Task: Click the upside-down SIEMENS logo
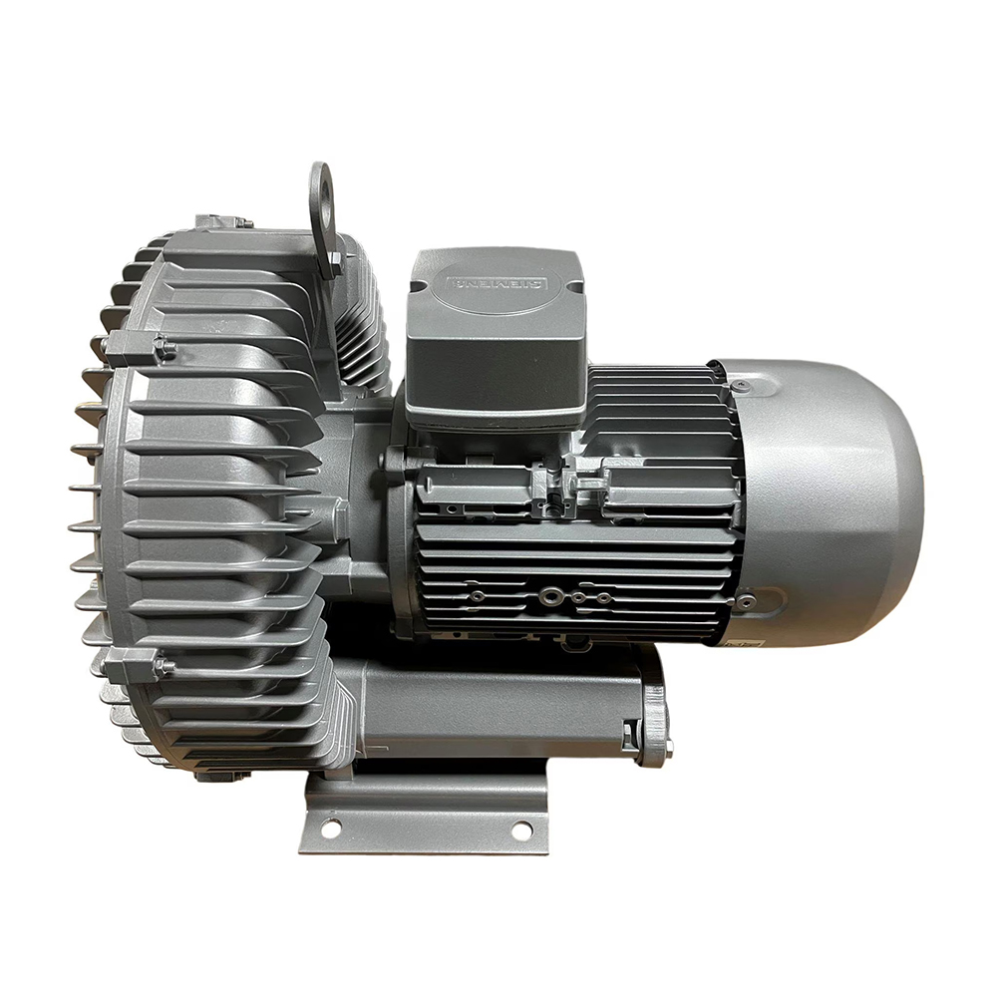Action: point(496,283)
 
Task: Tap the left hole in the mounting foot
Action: point(331,826)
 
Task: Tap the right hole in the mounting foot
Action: point(521,828)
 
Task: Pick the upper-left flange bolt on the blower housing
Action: point(164,349)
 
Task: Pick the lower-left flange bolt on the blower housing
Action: point(162,665)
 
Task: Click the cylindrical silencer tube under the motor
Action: point(498,708)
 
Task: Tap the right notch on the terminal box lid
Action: point(575,285)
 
